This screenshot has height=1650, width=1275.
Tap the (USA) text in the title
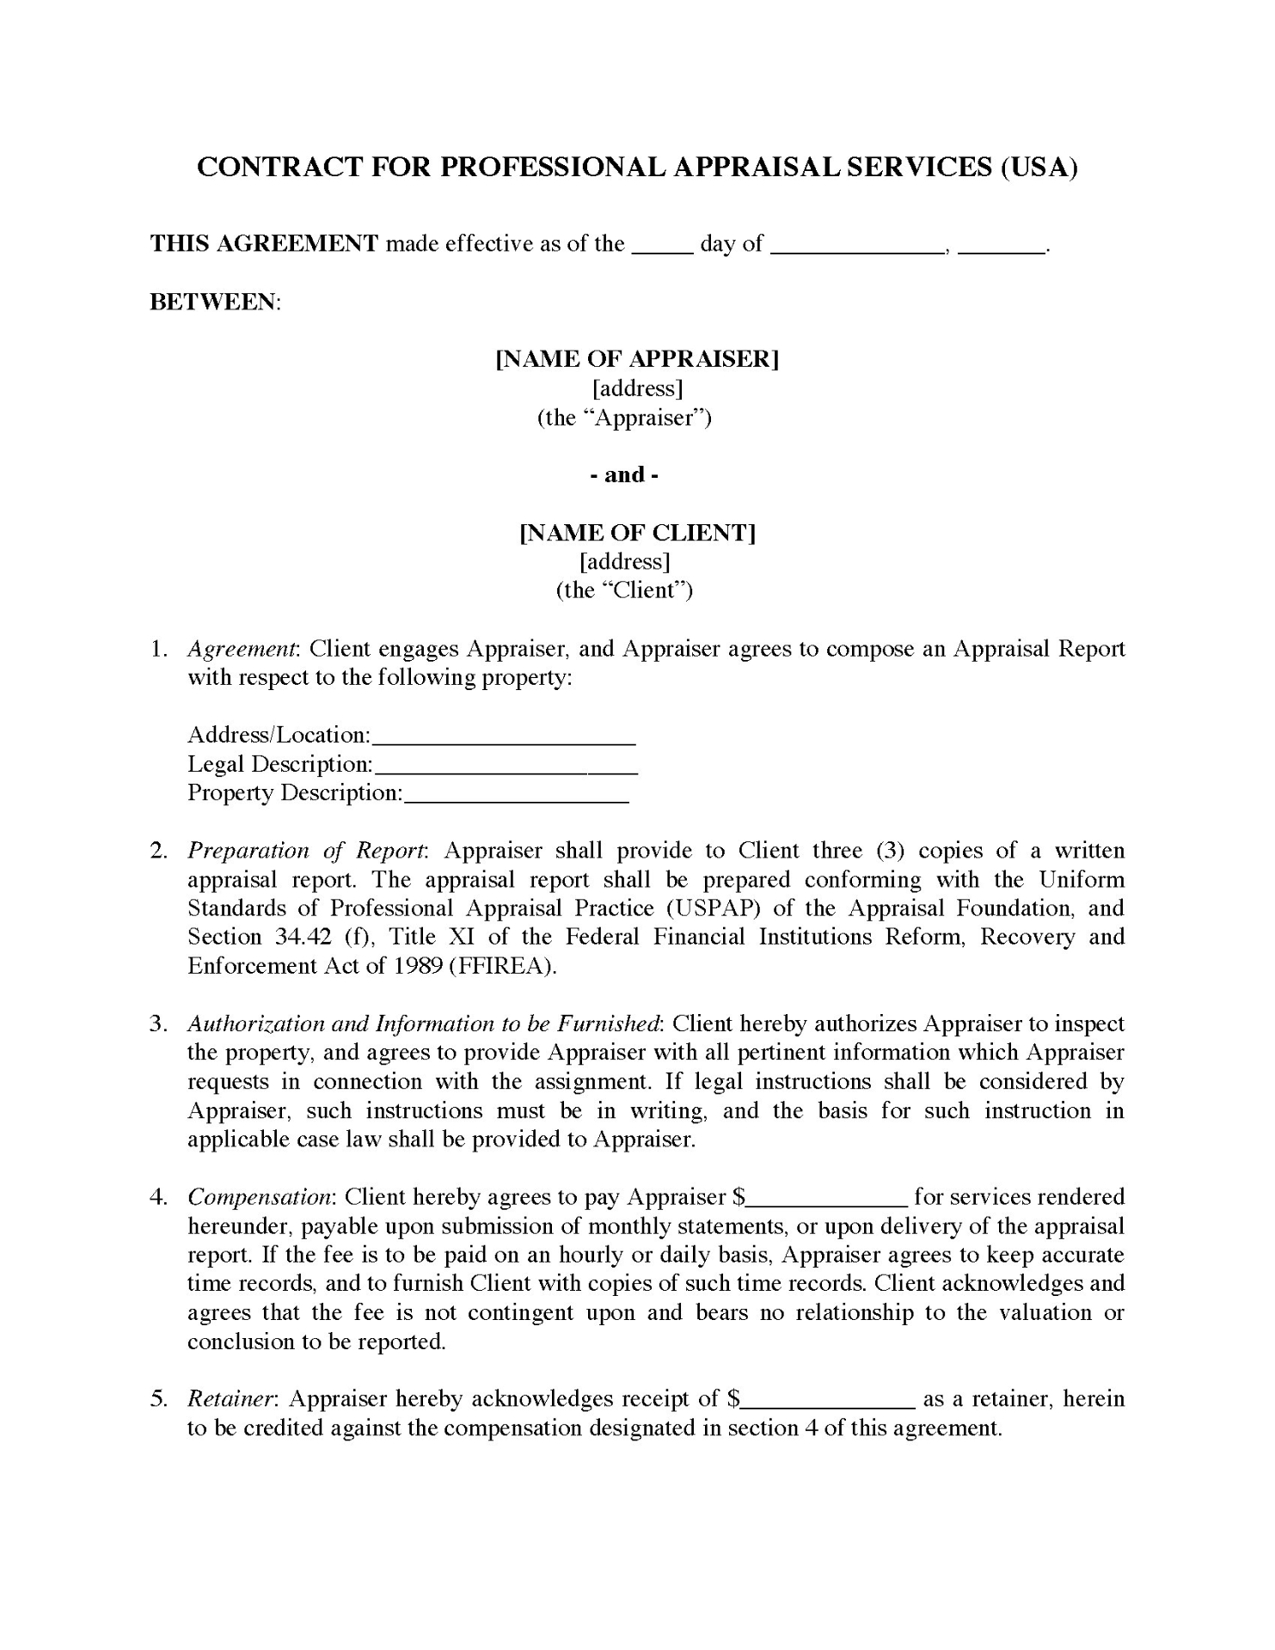pos(1039,167)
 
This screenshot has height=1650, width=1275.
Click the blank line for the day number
pos(662,247)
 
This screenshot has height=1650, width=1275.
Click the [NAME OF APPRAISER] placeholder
pos(637,359)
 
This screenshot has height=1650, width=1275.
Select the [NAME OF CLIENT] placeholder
pos(637,533)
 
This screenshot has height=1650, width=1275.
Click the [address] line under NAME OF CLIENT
pos(625,562)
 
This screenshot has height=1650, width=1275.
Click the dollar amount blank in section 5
pos(827,1402)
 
